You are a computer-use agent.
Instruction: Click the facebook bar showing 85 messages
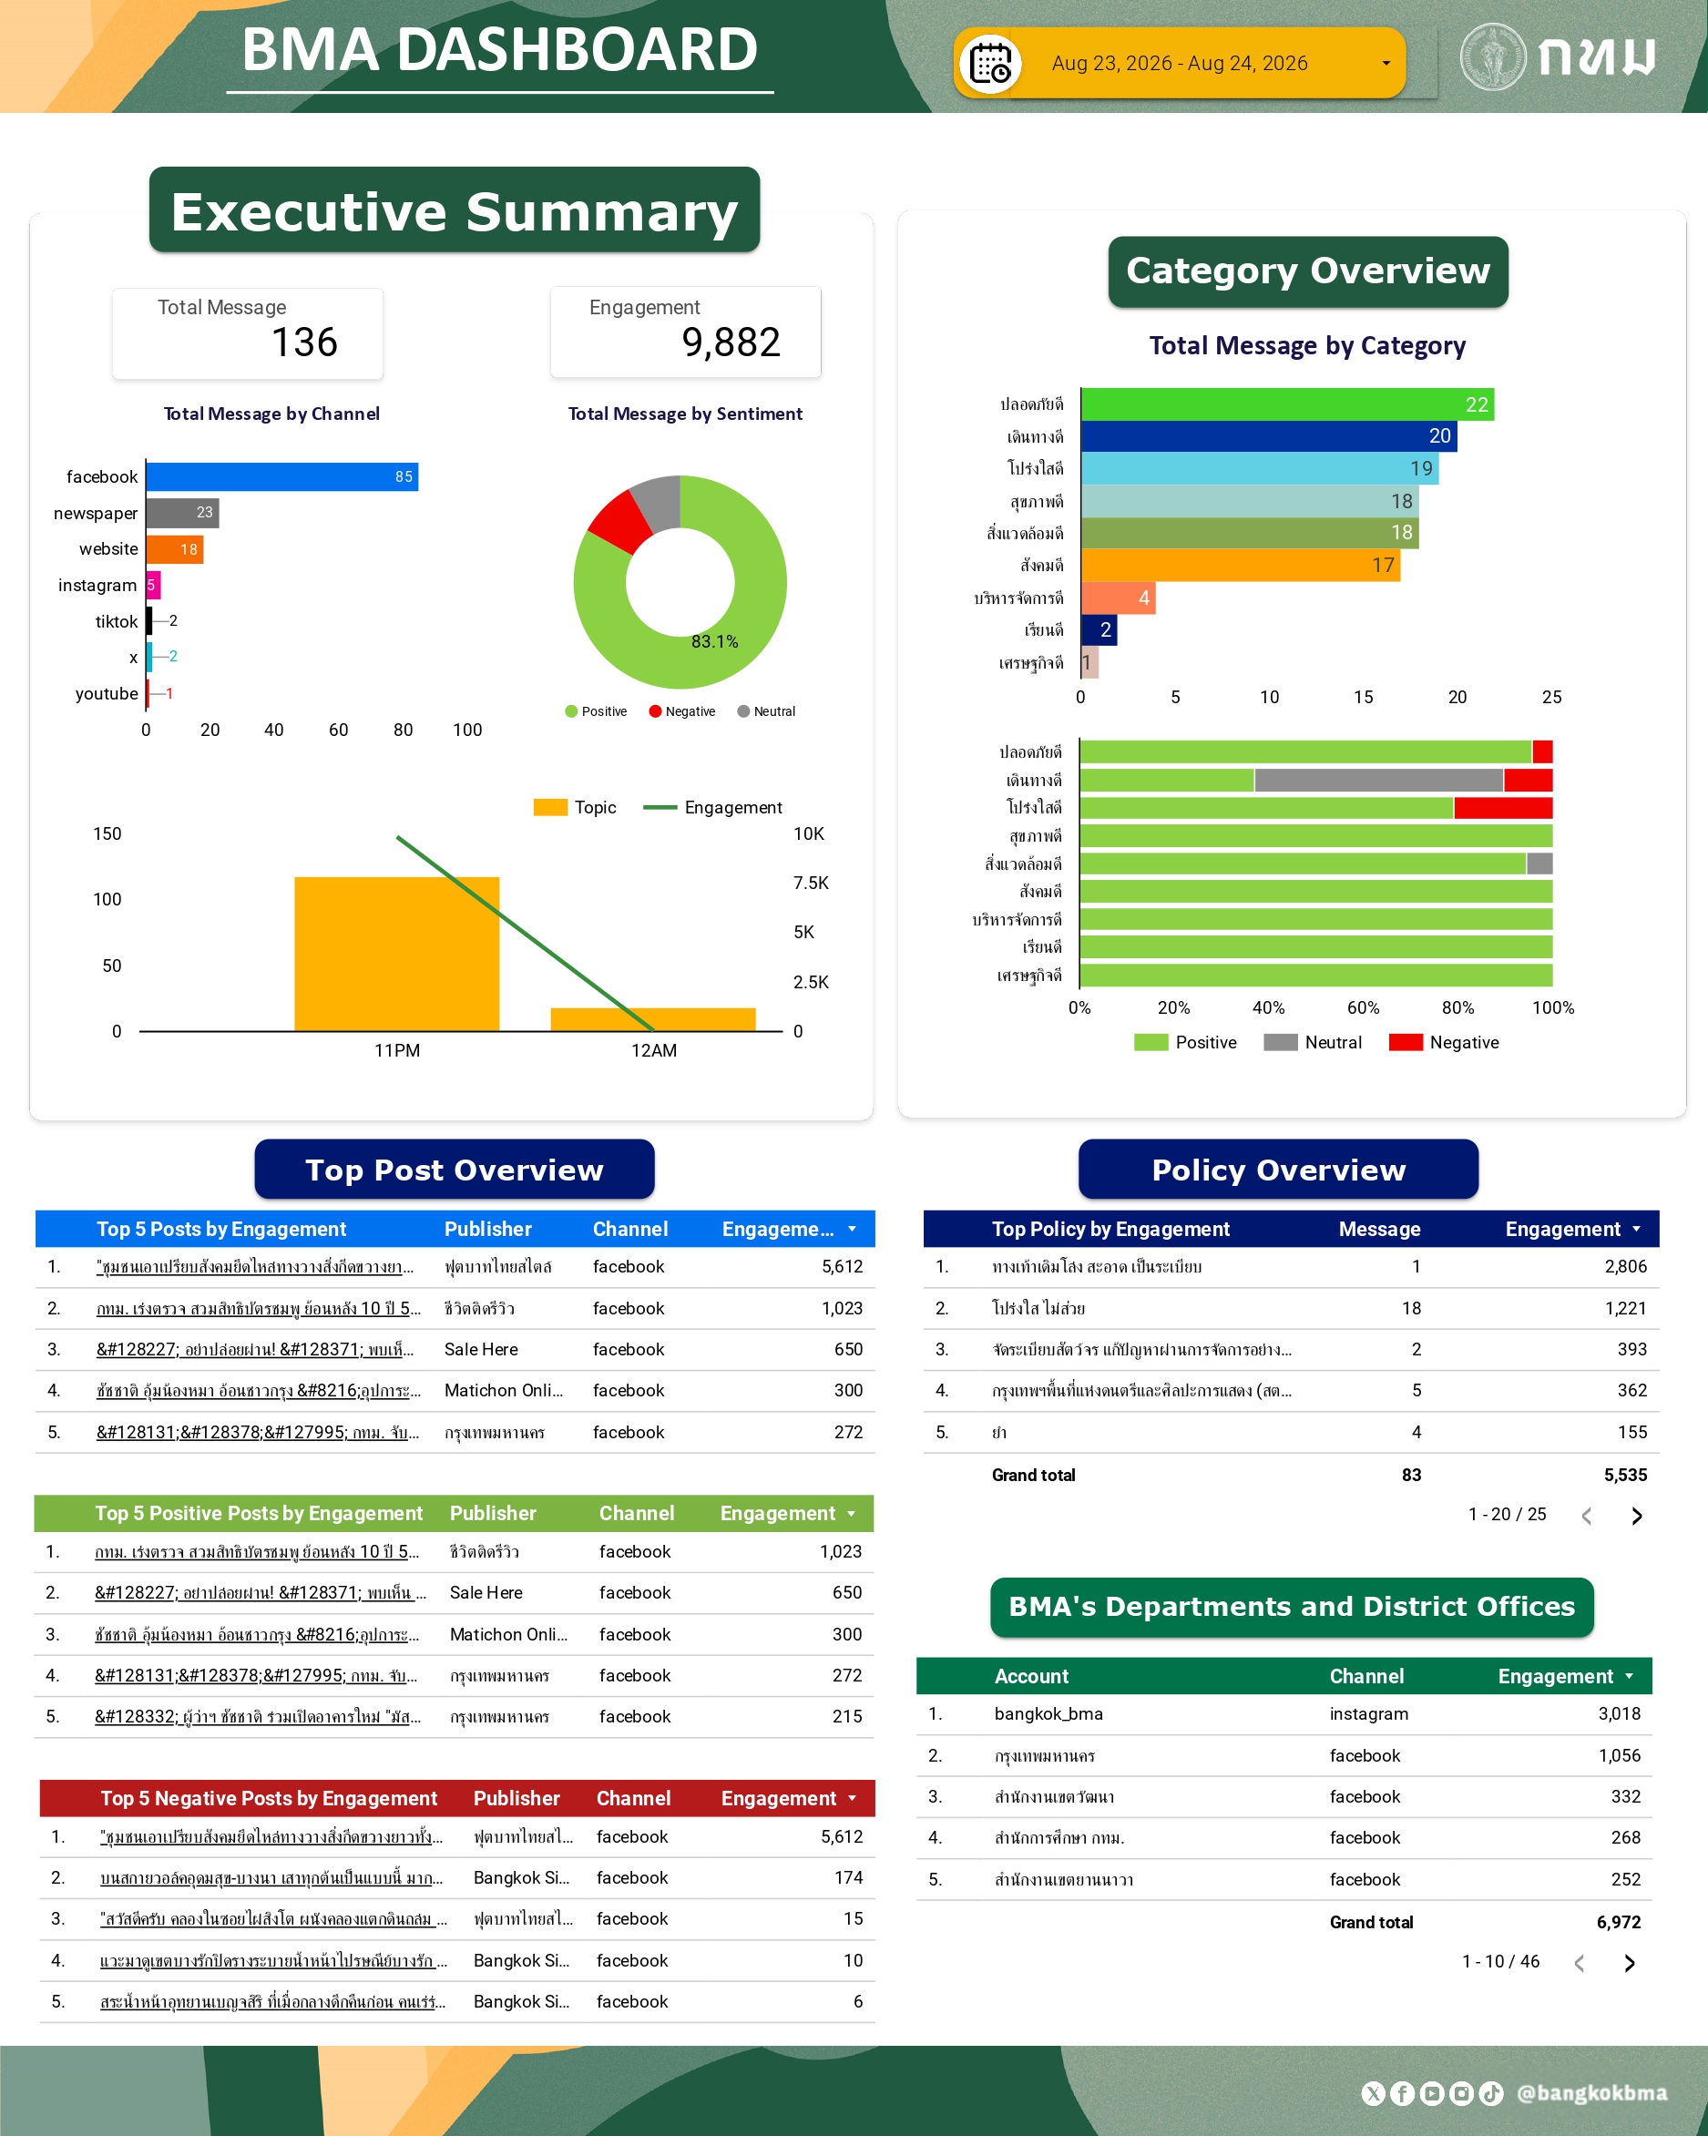click(282, 476)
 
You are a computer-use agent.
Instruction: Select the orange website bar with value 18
click(176, 549)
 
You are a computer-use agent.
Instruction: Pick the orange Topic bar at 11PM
click(396, 954)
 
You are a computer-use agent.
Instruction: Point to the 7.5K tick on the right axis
click(811, 883)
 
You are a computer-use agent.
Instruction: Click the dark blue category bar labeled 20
click(1269, 436)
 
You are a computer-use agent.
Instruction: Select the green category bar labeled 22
click(1288, 404)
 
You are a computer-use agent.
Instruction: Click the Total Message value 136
click(305, 342)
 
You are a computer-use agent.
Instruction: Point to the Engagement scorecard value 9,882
click(731, 342)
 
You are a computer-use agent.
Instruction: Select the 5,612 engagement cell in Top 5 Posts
click(842, 1266)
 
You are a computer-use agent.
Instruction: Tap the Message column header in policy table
click(1379, 1229)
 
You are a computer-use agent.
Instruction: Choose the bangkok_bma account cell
click(1048, 1714)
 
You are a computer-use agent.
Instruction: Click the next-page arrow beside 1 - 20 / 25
click(1637, 1516)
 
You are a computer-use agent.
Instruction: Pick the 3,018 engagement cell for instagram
click(1619, 1714)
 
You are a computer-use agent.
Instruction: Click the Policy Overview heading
click(1278, 1170)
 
